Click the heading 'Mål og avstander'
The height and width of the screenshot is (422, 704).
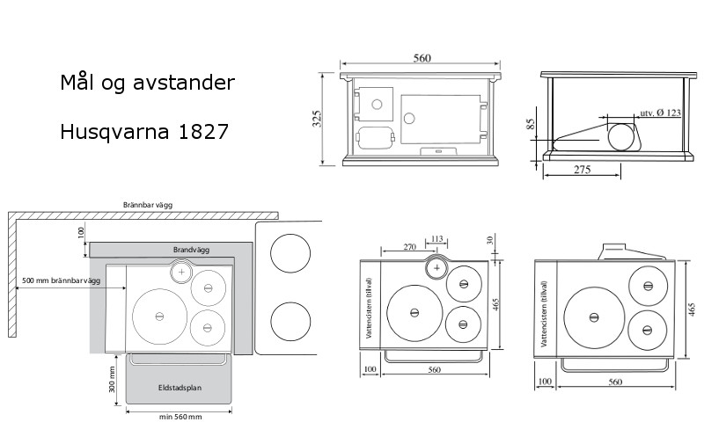coord(147,83)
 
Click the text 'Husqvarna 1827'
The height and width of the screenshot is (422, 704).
coord(144,132)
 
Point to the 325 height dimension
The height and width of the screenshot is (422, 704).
coord(317,119)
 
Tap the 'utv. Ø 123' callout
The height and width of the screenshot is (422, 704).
coord(660,113)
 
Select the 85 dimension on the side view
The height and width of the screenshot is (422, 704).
coord(531,124)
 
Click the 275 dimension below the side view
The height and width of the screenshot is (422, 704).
coord(582,170)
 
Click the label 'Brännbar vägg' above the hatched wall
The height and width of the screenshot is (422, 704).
coord(148,205)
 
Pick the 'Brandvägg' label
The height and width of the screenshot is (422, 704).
coord(191,250)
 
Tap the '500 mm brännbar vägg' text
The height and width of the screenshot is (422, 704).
coord(62,280)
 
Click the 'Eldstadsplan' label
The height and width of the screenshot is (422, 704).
coord(180,388)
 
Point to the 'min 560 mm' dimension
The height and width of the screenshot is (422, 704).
coord(180,417)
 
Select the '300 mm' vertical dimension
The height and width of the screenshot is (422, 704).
coord(113,380)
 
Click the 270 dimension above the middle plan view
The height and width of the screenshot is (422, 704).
coord(409,247)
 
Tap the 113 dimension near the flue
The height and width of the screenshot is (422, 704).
coord(436,238)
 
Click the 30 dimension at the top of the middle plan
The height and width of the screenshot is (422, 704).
coord(490,240)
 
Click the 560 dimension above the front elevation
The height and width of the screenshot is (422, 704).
coord(422,58)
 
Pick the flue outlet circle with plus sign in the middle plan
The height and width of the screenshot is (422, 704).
coord(436,268)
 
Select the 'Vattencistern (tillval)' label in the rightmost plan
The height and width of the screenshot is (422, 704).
coord(544,314)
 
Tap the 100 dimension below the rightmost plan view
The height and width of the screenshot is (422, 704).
coord(545,382)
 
